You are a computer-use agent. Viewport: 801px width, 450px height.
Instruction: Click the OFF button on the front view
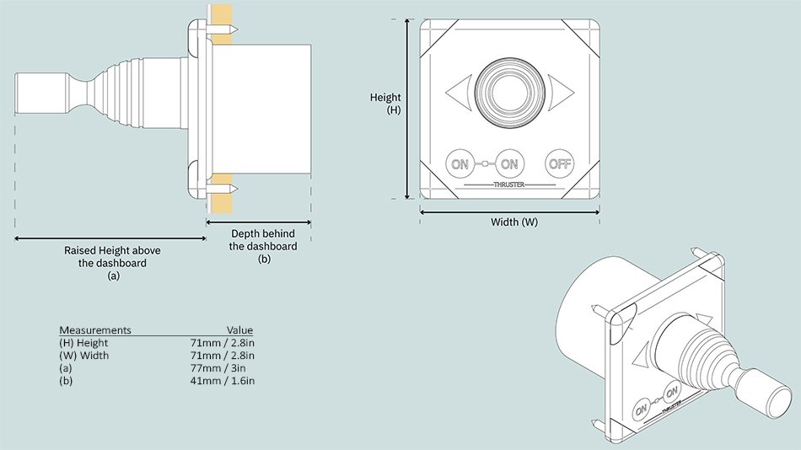(561, 163)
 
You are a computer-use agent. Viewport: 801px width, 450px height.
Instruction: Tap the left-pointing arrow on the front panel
(457, 90)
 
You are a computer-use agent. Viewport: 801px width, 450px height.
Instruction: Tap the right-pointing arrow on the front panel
(560, 90)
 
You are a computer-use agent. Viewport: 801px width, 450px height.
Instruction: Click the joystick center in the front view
(508, 88)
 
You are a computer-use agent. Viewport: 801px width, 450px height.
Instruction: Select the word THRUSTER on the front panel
(509, 184)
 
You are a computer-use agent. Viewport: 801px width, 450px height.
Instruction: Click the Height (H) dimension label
(386, 104)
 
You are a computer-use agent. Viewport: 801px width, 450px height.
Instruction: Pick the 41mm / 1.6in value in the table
(223, 382)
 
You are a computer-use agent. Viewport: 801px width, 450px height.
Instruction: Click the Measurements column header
(94, 329)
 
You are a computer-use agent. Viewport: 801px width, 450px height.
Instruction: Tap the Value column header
(239, 329)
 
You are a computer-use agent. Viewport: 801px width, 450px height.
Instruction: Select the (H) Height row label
(83, 343)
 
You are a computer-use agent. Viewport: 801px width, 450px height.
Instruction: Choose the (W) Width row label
(83, 356)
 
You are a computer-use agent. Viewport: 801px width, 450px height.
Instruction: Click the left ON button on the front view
(460, 163)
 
